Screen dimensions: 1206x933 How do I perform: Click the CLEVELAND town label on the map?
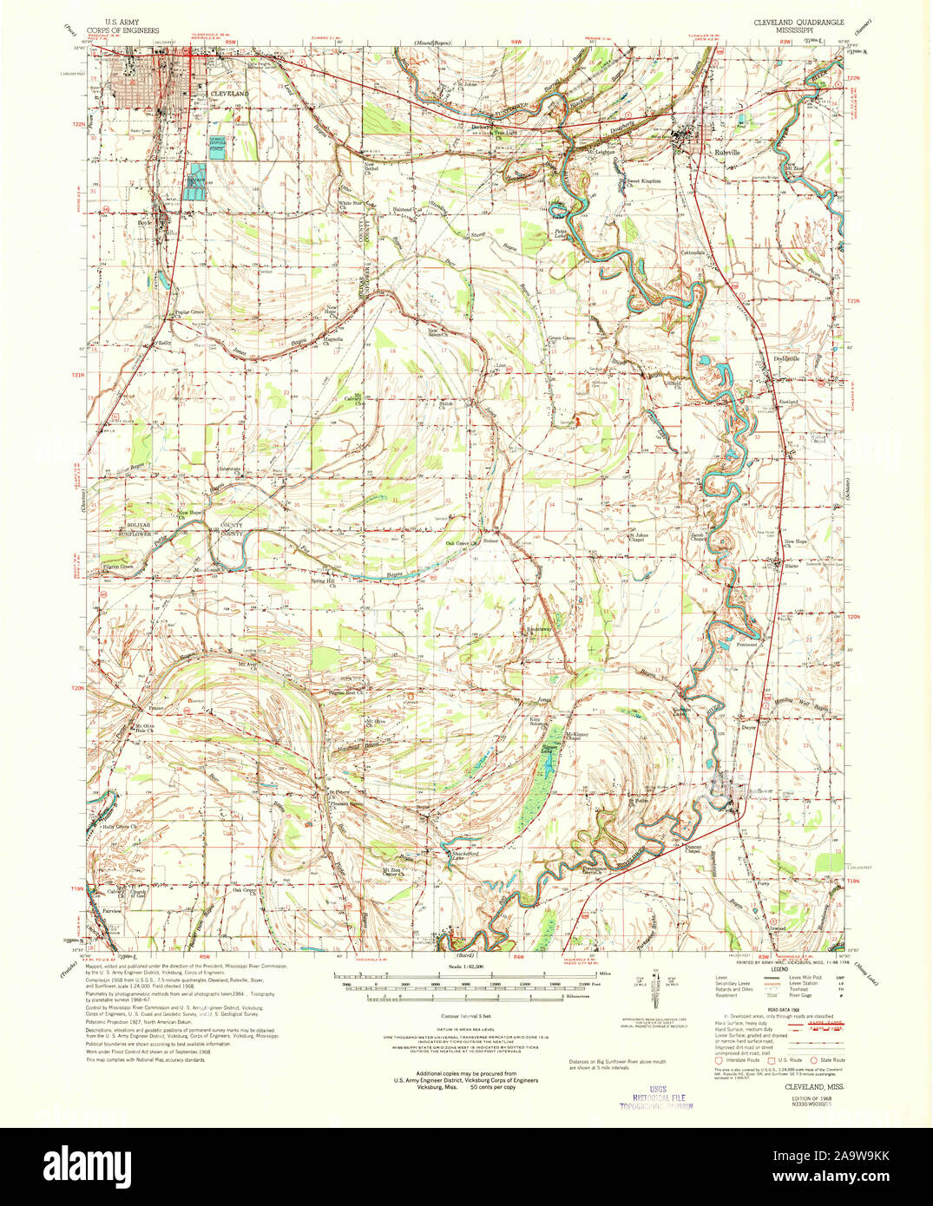tap(229, 93)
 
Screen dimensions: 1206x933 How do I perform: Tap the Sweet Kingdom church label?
tap(644, 181)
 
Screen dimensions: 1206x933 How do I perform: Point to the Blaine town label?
tap(790, 566)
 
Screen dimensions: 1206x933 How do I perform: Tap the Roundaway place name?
tap(538, 630)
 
